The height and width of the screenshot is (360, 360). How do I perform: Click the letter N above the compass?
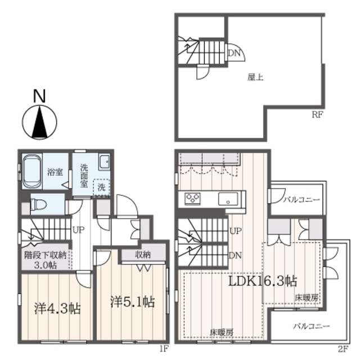(x=39, y=96)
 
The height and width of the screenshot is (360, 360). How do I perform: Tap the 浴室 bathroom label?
(x=55, y=172)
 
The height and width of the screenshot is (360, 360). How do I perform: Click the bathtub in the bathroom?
(x=32, y=171)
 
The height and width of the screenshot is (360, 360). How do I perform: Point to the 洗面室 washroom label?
(x=84, y=176)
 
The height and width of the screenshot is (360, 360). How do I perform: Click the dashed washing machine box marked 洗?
(x=101, y=187)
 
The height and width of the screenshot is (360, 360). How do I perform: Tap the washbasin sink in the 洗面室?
(x=104, y=161)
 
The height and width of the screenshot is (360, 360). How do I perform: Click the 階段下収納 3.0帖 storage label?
(x=45, y=260)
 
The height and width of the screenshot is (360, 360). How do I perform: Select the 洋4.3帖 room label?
(x=57, y=309)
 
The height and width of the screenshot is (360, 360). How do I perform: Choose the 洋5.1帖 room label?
(x=133, y=301)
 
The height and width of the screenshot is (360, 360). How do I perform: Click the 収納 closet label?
(x=143, y=255)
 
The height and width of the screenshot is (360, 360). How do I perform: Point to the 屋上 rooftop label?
(x=255, y=78)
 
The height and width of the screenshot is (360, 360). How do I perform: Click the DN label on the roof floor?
(x=234, y=53)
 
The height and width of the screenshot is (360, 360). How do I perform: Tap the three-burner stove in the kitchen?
(x=192, y=199)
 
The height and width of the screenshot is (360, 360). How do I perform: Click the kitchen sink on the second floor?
(x=228, y=199)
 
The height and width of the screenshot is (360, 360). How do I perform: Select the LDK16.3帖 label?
(x=263, y=281)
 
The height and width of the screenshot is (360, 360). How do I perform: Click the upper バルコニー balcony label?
(x=301, y=200)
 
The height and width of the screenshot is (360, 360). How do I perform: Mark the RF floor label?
(x=317, y=115)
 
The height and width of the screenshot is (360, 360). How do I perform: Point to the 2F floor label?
(x=343, y=349)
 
